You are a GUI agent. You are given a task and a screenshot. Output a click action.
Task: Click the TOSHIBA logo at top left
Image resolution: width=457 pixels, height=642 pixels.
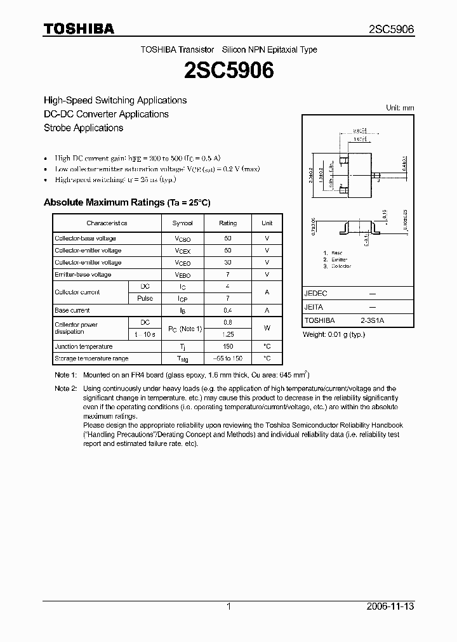click(79, 29)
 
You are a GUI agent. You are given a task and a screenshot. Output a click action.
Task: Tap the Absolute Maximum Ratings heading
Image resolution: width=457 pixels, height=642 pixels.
click(126, 202)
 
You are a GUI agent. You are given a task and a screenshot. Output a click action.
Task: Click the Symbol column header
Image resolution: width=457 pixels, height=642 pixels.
click(183, 223)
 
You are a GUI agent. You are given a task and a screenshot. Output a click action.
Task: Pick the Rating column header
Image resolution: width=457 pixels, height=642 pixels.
click(228, 223)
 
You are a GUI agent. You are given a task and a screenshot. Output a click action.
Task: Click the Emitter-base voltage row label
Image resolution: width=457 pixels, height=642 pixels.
click(83, 275)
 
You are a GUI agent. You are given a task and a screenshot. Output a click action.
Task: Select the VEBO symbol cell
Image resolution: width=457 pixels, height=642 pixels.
click(183, 275)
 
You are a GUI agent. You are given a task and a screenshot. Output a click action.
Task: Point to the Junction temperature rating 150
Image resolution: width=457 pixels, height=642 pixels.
click(228, 346)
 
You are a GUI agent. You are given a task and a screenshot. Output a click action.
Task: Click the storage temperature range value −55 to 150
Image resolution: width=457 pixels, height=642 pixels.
click(228, 358)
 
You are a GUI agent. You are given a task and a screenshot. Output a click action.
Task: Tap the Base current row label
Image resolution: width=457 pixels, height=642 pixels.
click(72, 310)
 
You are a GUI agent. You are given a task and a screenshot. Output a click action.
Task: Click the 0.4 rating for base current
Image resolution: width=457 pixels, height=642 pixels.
click(228, 310)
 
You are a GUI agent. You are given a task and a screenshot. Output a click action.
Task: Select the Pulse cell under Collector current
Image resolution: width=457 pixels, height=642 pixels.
click(145, 298)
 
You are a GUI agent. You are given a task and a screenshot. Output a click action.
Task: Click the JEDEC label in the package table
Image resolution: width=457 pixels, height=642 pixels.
click(316, 294)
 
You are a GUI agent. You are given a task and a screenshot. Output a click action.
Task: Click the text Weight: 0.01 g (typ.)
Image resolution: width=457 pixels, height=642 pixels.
click(334, 334)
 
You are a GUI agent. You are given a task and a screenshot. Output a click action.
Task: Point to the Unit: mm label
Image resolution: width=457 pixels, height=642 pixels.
click(400, 108)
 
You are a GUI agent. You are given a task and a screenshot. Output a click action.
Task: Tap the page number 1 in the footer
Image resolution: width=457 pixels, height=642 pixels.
click(228, 606)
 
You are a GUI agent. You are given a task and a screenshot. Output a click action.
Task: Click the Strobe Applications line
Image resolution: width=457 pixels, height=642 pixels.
click(83, 128)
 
